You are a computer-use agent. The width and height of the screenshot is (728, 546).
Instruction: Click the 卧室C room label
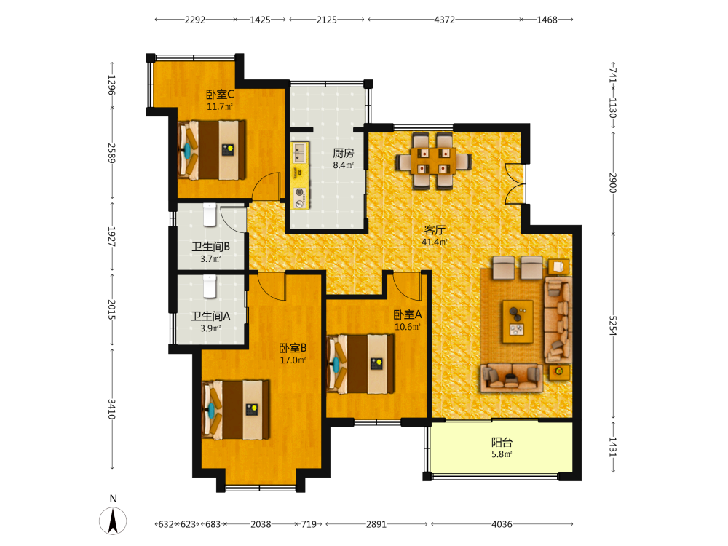(220, 95)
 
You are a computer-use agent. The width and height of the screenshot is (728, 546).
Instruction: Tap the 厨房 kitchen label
(344, 153)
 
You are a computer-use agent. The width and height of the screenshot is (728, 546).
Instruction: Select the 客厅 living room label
(435, 230)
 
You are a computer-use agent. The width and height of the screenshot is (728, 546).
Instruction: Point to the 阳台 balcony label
(502, 442)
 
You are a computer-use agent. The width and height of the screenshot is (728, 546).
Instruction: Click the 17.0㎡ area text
(293, 360)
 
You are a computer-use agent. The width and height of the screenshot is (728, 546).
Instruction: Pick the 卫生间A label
(211, 316)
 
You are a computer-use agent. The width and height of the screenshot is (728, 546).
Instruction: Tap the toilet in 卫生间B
(210, 215)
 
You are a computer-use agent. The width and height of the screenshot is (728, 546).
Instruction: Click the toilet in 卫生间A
(210, 286)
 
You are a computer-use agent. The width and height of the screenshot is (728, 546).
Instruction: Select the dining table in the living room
(434, 161)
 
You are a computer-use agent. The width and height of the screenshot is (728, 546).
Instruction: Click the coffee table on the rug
(518, 321)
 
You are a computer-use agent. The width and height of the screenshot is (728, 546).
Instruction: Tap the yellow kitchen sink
(299, 153)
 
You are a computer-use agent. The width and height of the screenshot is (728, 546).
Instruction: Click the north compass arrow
(113, 521)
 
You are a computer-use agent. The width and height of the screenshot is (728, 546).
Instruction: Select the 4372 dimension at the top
(445, 20)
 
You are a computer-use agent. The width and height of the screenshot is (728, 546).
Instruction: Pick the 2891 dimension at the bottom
(376, 524)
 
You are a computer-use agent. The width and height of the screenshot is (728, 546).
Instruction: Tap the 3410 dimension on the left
(112, 408)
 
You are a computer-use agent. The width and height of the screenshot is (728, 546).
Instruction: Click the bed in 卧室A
(361, 363)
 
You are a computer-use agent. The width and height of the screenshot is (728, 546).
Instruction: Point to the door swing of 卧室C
(266, 186)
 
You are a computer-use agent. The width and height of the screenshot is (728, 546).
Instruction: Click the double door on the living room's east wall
(515, 183)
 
